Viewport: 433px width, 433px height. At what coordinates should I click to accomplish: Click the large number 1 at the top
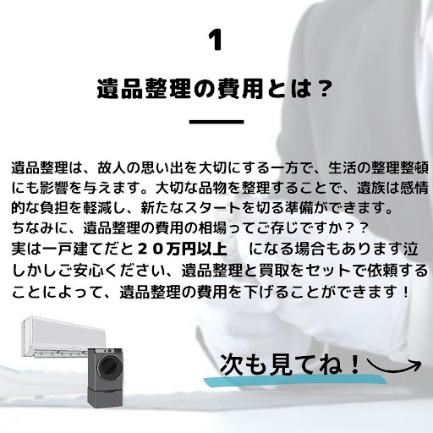click(216, 41)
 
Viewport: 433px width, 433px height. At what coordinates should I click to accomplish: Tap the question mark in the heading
click(322, 88)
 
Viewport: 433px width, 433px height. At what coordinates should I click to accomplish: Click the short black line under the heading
click(216, 122)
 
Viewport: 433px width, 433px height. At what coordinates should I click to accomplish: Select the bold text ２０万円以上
click(183, 249)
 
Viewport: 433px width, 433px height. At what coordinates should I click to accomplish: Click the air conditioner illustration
click(63, 337)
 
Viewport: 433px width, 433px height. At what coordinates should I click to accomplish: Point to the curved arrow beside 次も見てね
click(393, 366)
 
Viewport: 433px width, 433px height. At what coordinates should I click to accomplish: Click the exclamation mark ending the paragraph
click(406, 292)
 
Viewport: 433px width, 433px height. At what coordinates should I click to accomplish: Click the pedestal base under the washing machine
click(105, 396)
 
